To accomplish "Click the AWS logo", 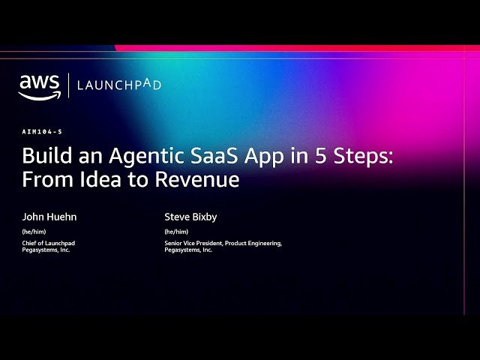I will pos(39,85).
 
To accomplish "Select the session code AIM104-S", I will pos(42,131).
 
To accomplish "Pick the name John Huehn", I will pos(49,217).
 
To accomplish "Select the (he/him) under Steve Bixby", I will pos(176,232).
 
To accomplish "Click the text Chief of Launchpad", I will pos(49,243).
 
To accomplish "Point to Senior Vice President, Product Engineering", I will pos(223,243).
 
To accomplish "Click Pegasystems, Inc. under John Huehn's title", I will pos(46,250).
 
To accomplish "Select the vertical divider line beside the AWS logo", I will pos(69,85).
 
